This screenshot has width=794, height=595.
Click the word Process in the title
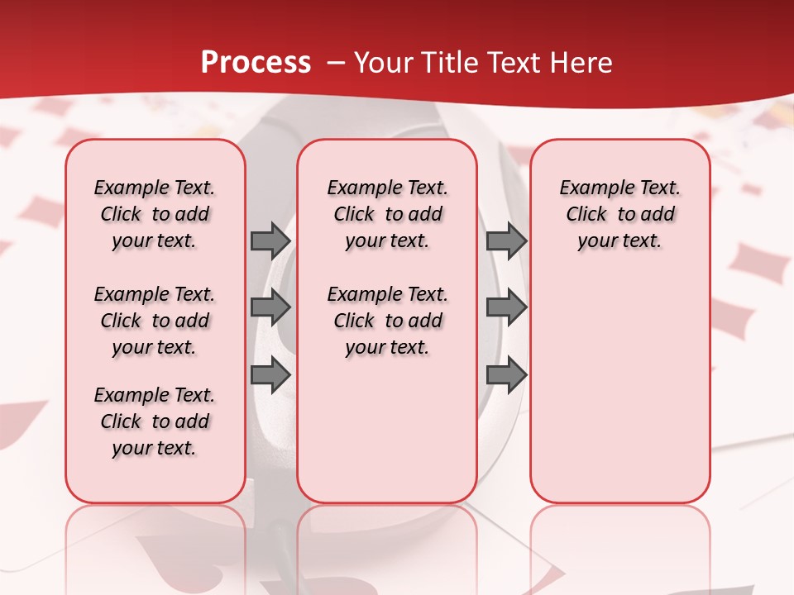(x=256, y=63)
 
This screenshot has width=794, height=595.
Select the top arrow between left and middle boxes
(x=270, y=240)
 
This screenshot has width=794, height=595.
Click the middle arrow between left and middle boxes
(x=270, y=307)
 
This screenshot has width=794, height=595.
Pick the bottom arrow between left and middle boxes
(x=270, y=375)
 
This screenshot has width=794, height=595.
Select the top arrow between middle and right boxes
(x=506, y=240)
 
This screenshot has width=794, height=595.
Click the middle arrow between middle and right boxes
(x=506, y=307)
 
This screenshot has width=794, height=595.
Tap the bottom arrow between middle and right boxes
(x=506, y=375)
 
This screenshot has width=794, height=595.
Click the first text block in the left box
(x=155, y=214)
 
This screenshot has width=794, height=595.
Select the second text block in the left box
(x=155, y=321)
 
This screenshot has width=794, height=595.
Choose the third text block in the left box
(x=155, y=421)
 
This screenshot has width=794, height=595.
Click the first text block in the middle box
(x=387, y=214)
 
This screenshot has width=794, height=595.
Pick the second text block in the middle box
(x=387, y=321)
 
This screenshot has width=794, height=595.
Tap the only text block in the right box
(x=619, y=214)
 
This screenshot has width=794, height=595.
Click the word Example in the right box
(x=591, y=188)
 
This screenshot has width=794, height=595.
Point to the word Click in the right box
(x=586, y=215)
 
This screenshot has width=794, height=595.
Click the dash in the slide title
(x=336, y=63)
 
